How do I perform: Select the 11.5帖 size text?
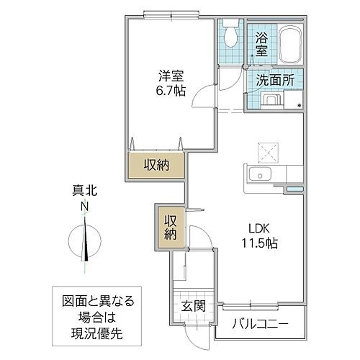pos(258,243)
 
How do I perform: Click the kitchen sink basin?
pos(258,174)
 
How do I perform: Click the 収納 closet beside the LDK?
pos(168,227)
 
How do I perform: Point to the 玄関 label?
pos(194,306)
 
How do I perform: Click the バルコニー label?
pos(260,323)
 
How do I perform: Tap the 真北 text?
pos(84,192)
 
